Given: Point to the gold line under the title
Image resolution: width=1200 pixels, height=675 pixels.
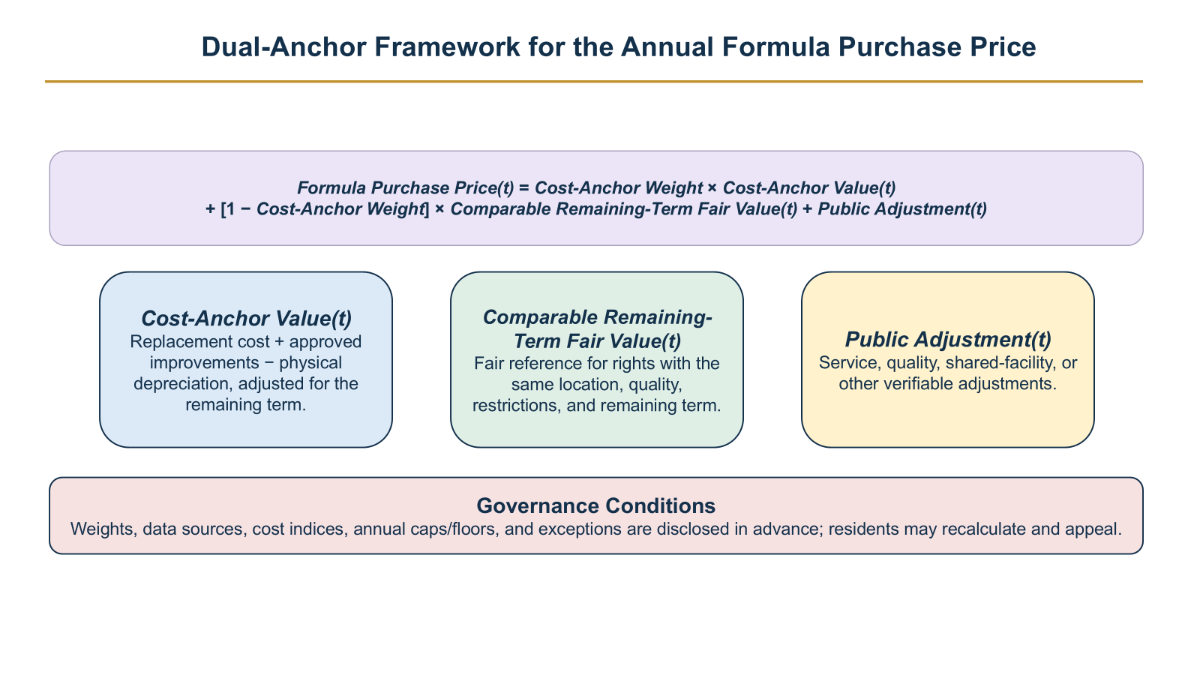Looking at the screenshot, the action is [x=593, y=82].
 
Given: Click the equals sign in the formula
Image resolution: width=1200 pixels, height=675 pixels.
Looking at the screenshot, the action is [x=524, y=188].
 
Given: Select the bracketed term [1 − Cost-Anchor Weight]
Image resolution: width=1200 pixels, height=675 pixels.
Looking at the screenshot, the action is [x=325, y=209].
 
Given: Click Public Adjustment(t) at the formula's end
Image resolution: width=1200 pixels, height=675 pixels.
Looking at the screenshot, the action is [x=902, y=209].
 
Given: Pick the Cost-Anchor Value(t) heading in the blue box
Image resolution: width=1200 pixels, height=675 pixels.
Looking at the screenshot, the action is [x=247, y=318].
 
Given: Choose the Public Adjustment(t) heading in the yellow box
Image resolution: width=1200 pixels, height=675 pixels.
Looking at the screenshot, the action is [x=948, y=339].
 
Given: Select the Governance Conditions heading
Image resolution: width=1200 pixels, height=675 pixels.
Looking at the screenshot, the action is [x=595, y=505].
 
